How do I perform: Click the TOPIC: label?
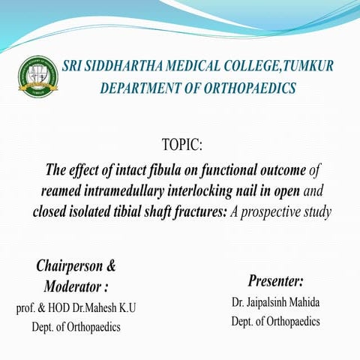(182, 143)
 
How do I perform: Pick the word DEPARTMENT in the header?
(140, 88)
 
